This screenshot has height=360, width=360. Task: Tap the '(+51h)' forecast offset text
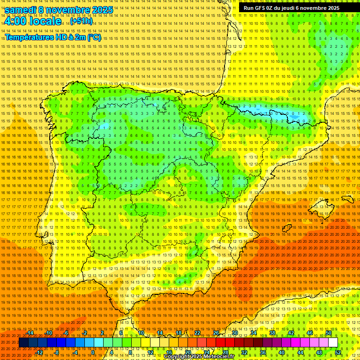coord(81,21)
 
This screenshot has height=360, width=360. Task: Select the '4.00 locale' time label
coord(33,21)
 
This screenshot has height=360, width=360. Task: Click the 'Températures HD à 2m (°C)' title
coord(53,37)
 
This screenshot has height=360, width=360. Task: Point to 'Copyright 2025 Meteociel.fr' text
coord(199,357)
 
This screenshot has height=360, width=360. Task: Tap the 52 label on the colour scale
coord(338,352)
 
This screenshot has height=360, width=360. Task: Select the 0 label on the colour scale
coord(93,352)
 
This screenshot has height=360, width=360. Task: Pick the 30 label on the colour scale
coord(235,333)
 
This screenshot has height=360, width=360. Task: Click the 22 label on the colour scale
coord(197,333)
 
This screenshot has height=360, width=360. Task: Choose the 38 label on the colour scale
coord(272,333)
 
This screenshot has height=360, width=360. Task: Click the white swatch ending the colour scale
coord(333,343)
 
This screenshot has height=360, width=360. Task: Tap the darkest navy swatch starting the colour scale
coord(23,343)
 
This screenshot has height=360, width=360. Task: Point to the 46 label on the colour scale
coord(310,333)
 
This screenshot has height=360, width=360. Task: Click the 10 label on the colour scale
coord(141,333)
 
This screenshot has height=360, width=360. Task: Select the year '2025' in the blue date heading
coord(102,10)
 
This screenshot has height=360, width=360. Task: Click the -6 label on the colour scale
coord(67,333)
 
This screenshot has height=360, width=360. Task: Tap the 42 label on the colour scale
coord(291,333)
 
